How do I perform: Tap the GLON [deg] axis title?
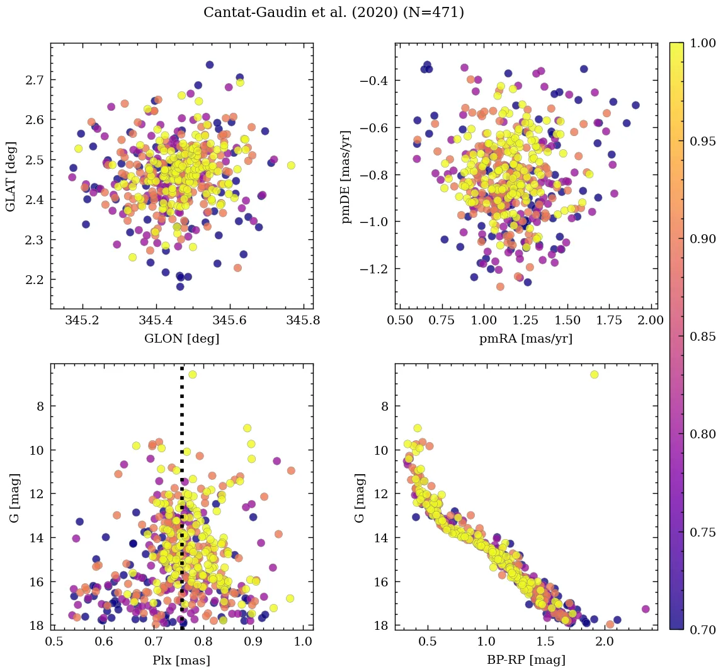tap(182, 338)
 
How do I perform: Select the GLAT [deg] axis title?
tap(11, 176)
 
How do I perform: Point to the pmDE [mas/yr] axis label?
tap(346, 176)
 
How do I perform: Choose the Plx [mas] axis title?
tap(182, 660)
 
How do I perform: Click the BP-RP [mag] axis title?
tap(527, 660)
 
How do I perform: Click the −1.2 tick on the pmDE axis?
tap(373, 269)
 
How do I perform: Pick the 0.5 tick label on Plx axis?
tap(55, 642)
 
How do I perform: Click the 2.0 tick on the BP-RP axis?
tap(605, 642)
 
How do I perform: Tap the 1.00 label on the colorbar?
tap(703, 43)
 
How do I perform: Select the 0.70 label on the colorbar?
tap(703, 630)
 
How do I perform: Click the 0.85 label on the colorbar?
tap(703, 336)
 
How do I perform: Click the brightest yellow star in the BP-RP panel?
tap(594, 375)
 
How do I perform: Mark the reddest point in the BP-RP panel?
tap(646, 609)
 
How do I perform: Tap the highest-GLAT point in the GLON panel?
tap(210, 65)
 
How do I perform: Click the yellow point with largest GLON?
tap(291, 166)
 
